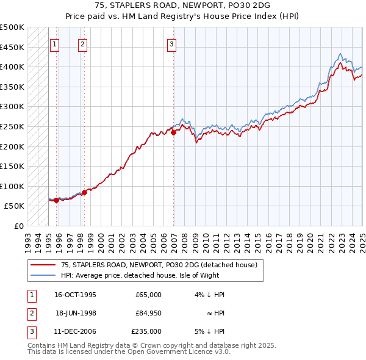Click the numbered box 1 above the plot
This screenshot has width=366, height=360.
click(x=55, y=44)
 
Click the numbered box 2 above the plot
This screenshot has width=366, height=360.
click(x=82, y=44)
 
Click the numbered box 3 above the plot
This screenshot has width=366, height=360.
click(x=172, y=44)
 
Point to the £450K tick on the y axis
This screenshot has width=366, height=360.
click(x=13, y=47)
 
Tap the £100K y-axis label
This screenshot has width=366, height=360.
click(x=13, y=186)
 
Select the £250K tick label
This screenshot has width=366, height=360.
click(x=13, y=126)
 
